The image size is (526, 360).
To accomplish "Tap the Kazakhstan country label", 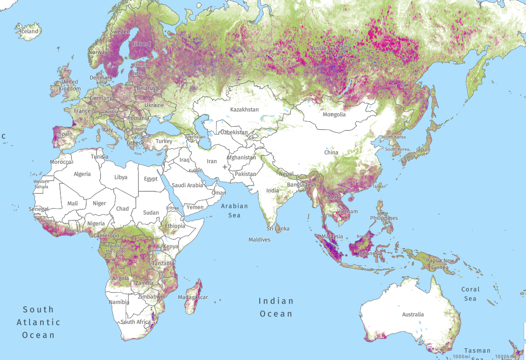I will click(x=245, y=109).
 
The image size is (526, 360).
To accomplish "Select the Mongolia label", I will click(x=334, y=115).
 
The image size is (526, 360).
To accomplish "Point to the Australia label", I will click(x=413, y=314).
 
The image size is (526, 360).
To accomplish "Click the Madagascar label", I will click(x=193, y=297).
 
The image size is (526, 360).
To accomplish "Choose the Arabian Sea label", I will click(x=235, y=210).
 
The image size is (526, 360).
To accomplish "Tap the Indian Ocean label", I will click(x=276, y=307).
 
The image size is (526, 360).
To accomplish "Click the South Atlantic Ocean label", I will click(x=38, y=322).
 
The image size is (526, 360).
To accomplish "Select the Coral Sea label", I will click(x=470, y=294).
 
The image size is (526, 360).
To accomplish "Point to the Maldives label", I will click(x=259, y=240).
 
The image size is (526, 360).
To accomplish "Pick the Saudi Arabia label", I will click(x=187, y=185).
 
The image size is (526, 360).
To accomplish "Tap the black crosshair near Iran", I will click(x=225, y=167).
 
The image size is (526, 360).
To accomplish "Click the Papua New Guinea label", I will click(x=440, y=264).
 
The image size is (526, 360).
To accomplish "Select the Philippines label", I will click(x=384, y=218).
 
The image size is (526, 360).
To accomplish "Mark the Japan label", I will click(x=423, y=150).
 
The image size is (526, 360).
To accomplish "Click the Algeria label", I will click(x=82, y=174).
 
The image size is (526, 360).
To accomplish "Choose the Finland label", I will click(x=141, y=44).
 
